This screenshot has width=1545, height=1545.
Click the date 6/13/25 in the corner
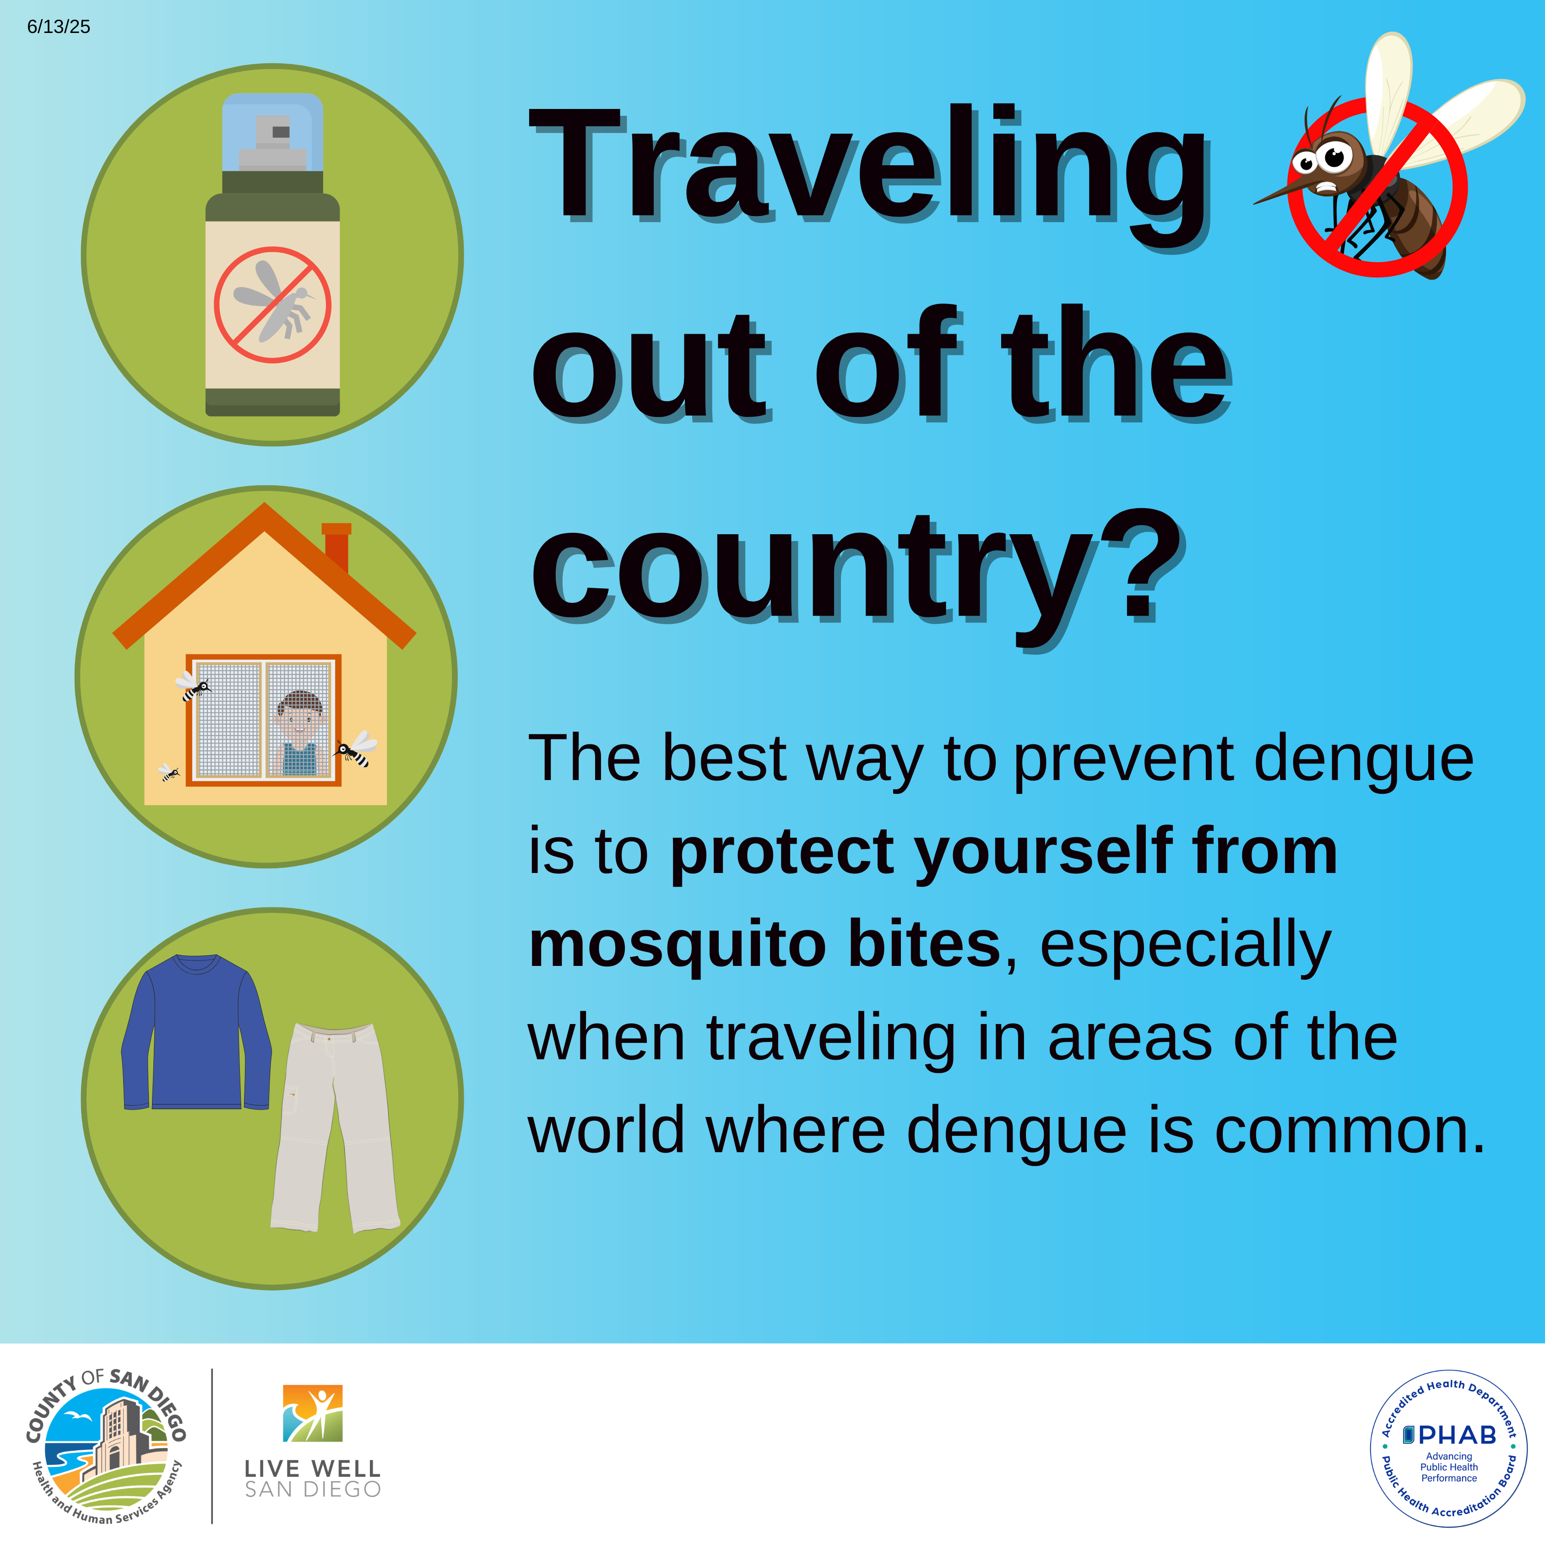click(x=59, y=27)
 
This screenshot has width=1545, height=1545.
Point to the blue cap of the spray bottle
click(x=273, y=132)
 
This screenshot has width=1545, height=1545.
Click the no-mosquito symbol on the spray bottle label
click(x=273, y=305)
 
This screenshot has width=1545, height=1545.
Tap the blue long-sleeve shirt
click(x=197, y=1031)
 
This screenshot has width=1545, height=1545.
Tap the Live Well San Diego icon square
click(x=313, y=1413)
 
